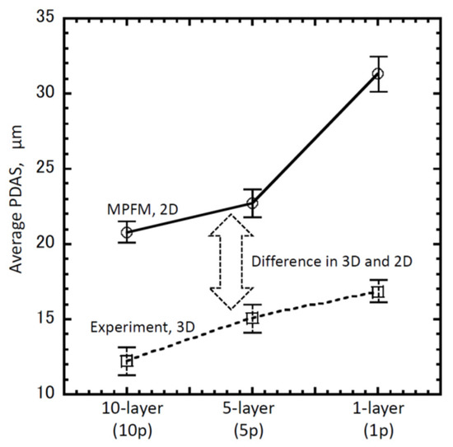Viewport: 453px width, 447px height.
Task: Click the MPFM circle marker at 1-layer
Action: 378,74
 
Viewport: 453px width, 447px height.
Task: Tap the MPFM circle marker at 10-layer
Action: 127,232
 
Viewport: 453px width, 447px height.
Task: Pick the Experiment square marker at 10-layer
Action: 127,361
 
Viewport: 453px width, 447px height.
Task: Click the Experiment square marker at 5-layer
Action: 253,318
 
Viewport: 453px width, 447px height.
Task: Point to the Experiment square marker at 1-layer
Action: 378,291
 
